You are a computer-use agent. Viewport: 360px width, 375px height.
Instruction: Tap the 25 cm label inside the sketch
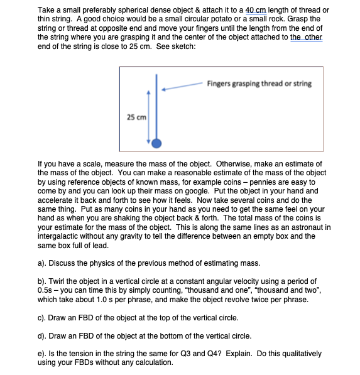pyautogui.click(x=136, y=117)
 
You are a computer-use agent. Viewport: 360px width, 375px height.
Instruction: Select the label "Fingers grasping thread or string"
pyautogui.click(x=259, y=84)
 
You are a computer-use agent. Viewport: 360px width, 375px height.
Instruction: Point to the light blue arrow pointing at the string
pyautogui.click(x=182, y=87)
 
